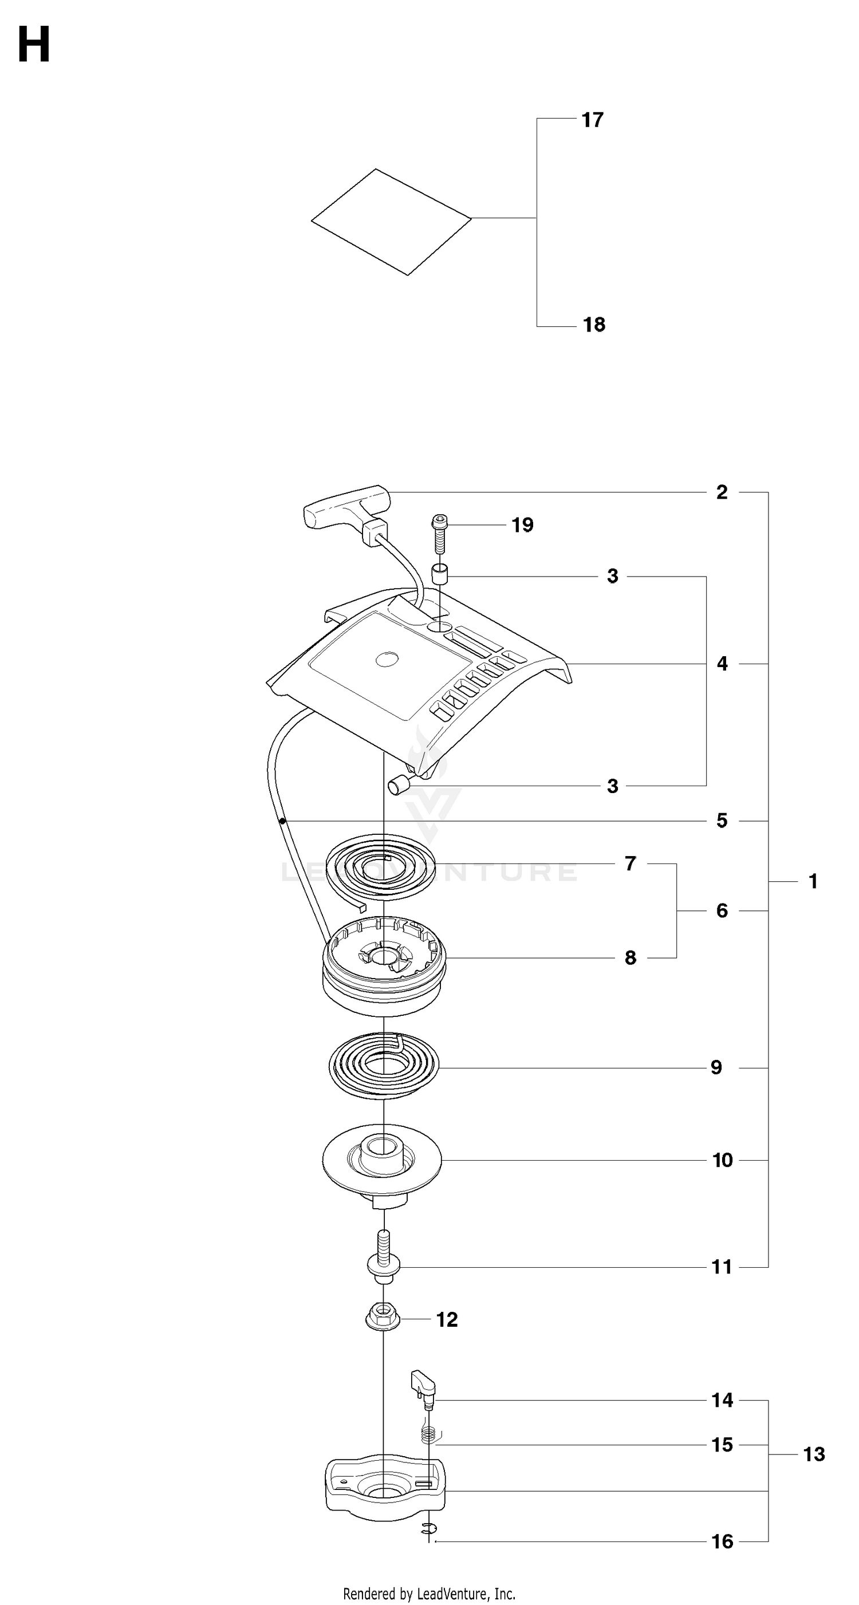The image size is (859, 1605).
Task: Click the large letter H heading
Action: click(x=34, y=45)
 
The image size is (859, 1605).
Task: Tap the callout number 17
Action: click(x=592, y=120)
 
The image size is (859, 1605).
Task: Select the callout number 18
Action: click(x=594, y=325)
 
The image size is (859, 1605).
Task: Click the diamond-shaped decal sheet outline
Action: click(x=391, y=221)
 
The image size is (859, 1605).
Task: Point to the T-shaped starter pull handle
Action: click(x=346, y=508)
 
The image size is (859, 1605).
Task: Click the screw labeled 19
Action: click(x=440, y=533)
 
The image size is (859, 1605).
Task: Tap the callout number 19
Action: click(x=523, y=525)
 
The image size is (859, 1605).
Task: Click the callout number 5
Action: click(x=722, y=821)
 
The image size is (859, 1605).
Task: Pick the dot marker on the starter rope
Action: click(x=282, y=821)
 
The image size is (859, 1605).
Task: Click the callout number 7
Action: click(x=631, y=863)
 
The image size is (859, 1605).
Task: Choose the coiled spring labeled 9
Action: click(x=384, y=1068)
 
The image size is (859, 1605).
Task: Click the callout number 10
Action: click(x=723, y=1160)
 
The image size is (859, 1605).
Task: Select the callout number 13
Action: click(x=814, y=1454)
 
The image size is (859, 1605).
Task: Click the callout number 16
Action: click(x=723, y=1541)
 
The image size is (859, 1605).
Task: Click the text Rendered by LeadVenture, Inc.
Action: click(x=429, y=1594)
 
